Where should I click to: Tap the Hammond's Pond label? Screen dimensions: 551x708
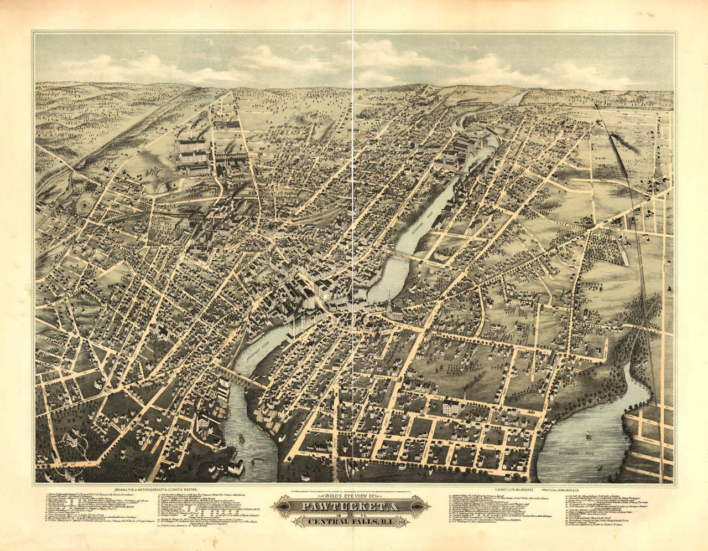tap(578, 454)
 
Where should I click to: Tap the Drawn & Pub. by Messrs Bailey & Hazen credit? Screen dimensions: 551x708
tap(155, 490)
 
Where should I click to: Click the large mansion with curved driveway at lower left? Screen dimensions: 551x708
tap(72, 440)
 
